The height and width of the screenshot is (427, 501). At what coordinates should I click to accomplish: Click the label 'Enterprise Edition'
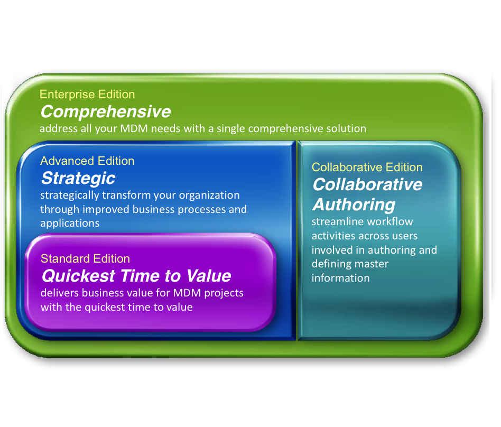tap(88, 95)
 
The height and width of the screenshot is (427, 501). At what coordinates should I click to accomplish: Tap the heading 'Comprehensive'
tap(106, 112)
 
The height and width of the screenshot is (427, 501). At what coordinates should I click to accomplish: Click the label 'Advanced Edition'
tap(87, 161)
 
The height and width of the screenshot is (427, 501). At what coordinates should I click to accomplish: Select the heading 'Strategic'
tap(78, 178)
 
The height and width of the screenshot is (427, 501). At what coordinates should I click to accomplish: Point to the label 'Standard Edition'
tap(85, 258)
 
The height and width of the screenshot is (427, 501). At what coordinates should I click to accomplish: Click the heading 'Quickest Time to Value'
tap(136, 275)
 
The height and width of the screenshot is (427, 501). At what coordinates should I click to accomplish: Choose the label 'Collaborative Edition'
tap(367, 168)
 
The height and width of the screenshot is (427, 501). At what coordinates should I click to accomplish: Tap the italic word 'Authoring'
tap(354, 204)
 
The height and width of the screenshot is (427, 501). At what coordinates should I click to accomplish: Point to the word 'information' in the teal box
tap(341, 278)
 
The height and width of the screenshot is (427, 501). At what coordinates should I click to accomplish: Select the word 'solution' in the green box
tap(346, 128)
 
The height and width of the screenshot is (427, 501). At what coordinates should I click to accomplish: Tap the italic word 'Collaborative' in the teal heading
tap(367, 184)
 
